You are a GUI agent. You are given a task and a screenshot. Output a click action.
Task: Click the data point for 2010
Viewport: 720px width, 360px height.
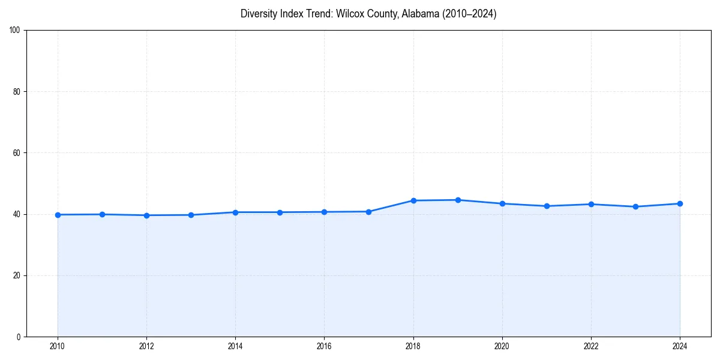[58, 215]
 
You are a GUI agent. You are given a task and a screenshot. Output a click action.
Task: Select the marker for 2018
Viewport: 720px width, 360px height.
[413, 200]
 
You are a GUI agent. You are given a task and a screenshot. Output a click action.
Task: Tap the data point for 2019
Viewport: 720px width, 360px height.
[458, 200]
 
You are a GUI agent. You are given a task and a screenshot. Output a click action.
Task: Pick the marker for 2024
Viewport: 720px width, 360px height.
[680, 203]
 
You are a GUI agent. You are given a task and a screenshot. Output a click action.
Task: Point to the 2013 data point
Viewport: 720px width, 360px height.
[191, 215]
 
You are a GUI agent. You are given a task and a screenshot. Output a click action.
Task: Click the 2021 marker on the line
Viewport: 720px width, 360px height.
[547, 206]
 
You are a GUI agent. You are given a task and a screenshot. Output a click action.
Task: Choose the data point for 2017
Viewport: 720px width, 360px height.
[369, 212]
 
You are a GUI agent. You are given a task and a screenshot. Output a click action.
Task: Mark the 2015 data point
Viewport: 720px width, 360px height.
[280, 212]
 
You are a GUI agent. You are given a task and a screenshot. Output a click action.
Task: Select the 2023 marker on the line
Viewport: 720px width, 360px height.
[635, 206]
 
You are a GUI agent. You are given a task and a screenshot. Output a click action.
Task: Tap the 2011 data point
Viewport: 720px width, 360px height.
[102, 214]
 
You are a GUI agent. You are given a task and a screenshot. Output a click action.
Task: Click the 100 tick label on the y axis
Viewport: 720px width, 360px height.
[15, 30]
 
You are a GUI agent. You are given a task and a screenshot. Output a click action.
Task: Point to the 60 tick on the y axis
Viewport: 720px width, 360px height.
[17, 153]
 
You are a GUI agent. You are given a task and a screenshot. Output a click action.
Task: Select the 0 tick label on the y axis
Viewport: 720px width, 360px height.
[19, 337]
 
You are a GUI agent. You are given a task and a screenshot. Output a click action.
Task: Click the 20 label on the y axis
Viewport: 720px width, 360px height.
[17, 275]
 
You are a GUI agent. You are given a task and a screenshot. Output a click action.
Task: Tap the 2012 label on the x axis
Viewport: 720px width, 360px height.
[146, 346]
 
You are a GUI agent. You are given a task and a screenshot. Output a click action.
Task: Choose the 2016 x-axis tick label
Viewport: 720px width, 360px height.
[324, 346]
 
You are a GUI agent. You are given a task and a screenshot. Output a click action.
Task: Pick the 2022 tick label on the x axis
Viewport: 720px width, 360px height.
[591, 346]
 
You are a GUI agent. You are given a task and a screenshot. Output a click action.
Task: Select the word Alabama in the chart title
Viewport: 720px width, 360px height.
[421, 14]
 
